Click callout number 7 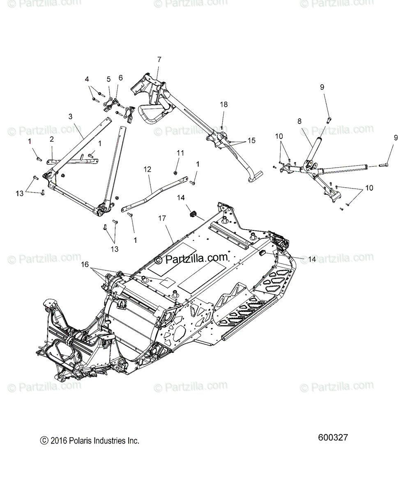coord(159,60)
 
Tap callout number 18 coord(223,105)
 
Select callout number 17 coord(162,219)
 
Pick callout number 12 coord(148,169)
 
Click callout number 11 coord(181,153)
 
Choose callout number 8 coord(299,121)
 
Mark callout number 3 coord(70,116)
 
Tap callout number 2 coord(52,139)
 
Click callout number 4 coord(87,79)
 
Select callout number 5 coord(109,79)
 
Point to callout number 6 coord(120,78)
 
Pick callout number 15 coord(251,141)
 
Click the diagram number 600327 coord(333,438)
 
